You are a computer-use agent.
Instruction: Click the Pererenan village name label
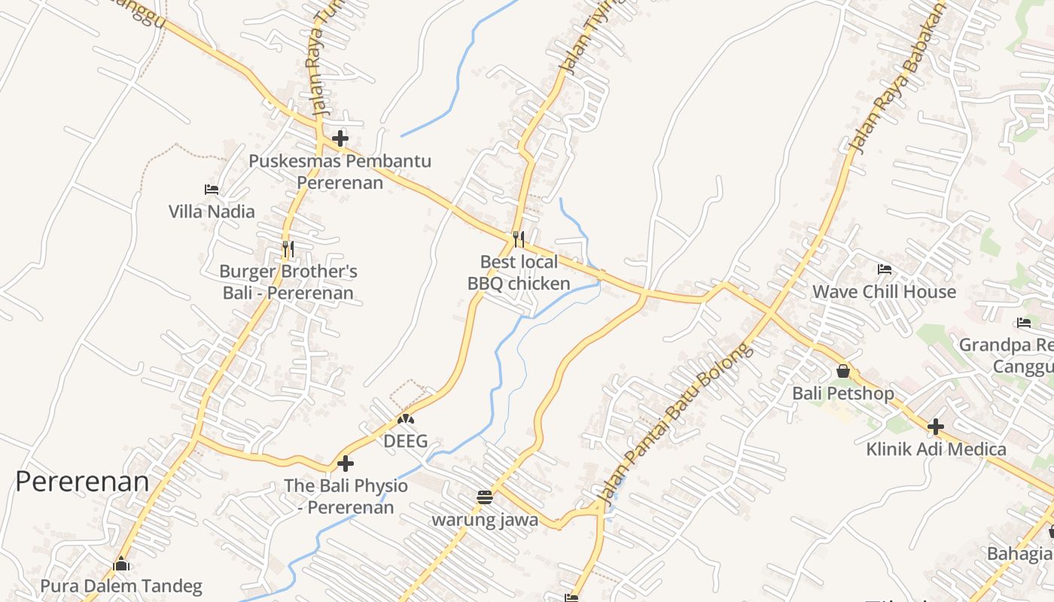coord(82,482)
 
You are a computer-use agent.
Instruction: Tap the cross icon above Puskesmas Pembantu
coord(340,138)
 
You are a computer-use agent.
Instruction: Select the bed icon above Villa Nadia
coord(212,190)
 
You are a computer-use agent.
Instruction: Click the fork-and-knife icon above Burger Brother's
coord(288,248)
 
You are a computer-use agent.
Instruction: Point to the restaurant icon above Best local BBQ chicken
coord(518,239)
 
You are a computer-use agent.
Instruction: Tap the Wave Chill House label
coord(884,292)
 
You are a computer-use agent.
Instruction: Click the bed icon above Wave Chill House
coord(885,269)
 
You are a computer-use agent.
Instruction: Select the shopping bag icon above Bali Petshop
coord(843,371)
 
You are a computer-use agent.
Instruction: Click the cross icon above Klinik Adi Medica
coord(936,427)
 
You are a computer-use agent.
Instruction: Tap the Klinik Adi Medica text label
coord(936,450)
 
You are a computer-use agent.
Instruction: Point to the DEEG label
coord(406,442)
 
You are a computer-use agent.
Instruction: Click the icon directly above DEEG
coord(406,419)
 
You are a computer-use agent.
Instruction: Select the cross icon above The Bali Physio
coord(346,464)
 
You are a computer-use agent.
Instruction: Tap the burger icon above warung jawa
coord(485,497)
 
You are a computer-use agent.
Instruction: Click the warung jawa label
coord(485,520)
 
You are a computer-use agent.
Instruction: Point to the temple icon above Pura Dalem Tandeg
coord(121,564)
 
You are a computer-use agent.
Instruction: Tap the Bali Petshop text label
coord(843,394)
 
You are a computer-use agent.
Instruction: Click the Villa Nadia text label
coord(212,212)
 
